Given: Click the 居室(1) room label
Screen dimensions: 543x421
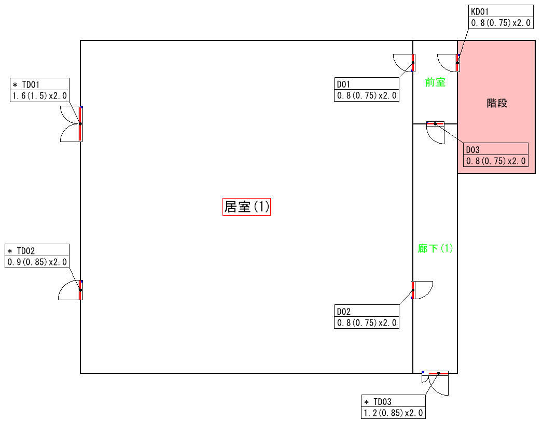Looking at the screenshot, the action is point(246,207).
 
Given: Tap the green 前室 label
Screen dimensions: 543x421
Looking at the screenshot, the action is point(435,82).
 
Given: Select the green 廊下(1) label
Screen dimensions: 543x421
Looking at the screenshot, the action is point(435,248).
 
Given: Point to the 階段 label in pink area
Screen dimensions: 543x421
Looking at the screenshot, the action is point(497,103).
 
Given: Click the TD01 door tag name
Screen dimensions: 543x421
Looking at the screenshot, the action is point(31,85).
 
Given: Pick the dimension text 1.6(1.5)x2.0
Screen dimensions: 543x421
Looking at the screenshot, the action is point(39,96).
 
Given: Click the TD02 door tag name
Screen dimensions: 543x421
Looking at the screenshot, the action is point(25,250).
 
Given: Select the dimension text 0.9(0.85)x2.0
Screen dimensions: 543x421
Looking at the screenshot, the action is point(37,262).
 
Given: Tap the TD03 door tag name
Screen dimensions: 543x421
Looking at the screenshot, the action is point(382,402).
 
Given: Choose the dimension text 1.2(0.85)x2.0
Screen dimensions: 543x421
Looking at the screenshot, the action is point(393,413).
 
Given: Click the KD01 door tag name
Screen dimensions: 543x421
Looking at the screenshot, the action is point(480,12).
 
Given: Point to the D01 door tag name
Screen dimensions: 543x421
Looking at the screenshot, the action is point(343,84).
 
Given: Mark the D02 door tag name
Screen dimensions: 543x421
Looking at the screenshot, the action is point(343,312).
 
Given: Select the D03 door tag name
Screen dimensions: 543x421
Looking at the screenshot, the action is point(472,150).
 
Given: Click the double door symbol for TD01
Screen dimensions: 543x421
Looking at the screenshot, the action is point(72,123).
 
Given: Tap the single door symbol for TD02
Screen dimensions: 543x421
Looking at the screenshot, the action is point(71,290).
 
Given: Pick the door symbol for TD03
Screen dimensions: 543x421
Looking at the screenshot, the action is point(435,383).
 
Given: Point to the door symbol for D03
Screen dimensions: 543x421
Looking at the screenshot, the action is point(435,133).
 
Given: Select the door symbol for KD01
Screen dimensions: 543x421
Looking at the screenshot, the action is point(449,63).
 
